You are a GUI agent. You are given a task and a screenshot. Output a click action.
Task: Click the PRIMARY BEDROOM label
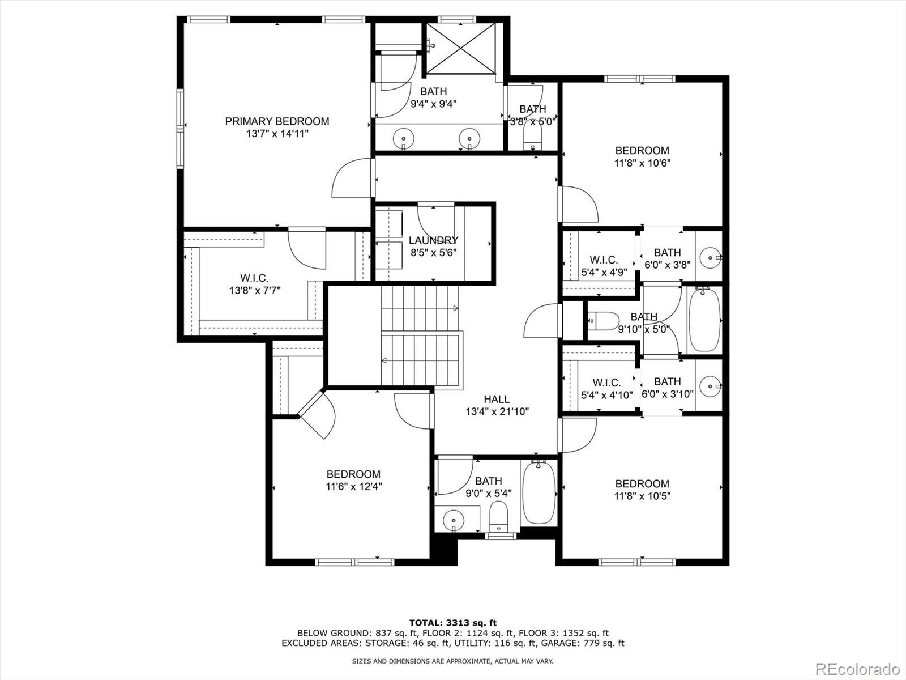(x=277, y=121)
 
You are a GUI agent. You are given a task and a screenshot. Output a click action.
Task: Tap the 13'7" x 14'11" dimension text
(x=277, y=134)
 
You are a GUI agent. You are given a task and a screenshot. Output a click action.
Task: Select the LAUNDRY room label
(x=433, y=240)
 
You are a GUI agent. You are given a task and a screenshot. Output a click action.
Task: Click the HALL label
(x=497, y=399)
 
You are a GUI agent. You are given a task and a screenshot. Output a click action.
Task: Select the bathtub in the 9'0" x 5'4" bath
(x=539, y=492)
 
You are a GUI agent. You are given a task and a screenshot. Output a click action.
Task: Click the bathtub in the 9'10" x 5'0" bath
(x=704, y=320)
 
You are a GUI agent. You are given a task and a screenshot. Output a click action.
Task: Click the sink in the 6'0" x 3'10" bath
(x=709, y=387)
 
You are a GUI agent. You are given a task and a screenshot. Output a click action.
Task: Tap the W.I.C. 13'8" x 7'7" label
(x=254, y=284)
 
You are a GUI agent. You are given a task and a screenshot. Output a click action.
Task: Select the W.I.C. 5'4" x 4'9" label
(x=604, y=266)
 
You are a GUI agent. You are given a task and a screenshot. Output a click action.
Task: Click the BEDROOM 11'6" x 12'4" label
(x=353, y=480)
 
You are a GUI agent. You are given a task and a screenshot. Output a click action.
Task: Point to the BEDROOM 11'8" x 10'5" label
(x=642, y=489)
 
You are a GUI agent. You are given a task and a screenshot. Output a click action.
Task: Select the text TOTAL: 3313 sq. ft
(x=452, y=623)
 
